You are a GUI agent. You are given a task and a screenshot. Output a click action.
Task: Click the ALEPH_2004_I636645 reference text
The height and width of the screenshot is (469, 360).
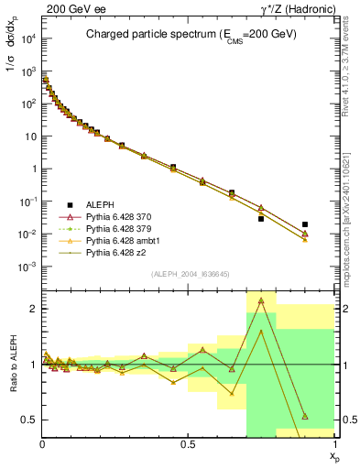[x=189, y=274]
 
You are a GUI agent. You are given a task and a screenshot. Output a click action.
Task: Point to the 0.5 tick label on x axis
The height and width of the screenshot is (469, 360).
[x=188, y=442]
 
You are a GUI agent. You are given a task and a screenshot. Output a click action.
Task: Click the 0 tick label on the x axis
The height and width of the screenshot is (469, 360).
[x=42, y=442]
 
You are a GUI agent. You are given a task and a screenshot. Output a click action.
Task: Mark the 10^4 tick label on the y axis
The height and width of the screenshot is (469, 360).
[x=27, y=38]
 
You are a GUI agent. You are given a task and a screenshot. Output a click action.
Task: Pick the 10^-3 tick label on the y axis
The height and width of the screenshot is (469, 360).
[x=27, y=267]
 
